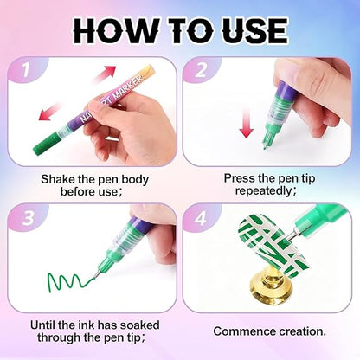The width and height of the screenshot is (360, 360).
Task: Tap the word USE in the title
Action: (252, 32)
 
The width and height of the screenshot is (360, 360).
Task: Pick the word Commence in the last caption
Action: (244, 330)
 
